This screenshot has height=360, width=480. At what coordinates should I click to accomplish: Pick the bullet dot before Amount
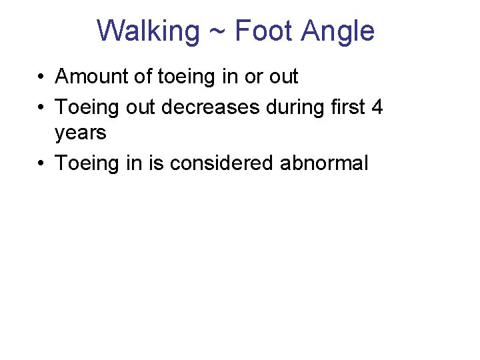click(x=41, y=77)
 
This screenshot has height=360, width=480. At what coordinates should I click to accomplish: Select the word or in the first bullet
click(x=253, y=77)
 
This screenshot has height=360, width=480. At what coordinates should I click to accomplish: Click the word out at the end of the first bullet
click(x=283, y=77)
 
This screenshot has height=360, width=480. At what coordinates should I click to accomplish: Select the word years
click(x=81, y=133)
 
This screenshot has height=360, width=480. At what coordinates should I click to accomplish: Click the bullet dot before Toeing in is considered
click(x=41, y=163)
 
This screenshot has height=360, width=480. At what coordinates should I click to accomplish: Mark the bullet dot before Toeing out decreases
click(x=41, y=107)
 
